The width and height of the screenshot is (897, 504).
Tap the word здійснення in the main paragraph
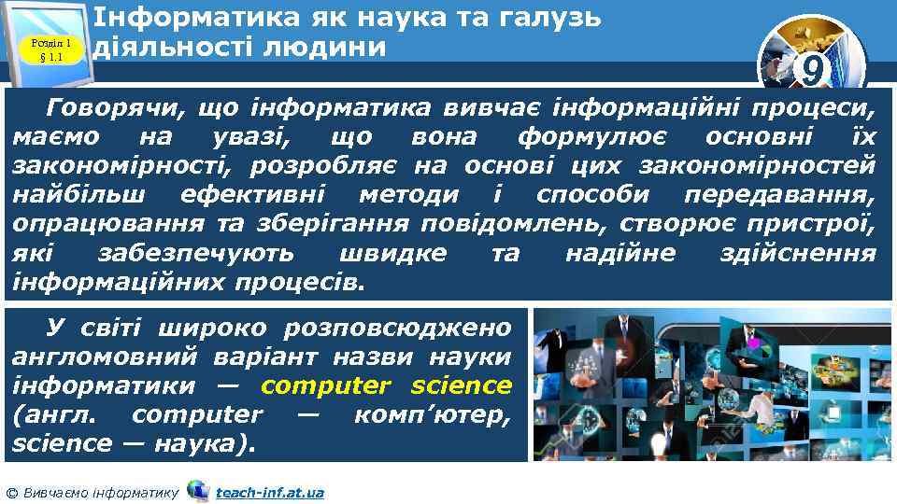pos(799,253)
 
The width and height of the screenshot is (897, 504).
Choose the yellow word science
pos(462,385)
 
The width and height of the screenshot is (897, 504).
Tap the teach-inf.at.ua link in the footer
pos(269,492)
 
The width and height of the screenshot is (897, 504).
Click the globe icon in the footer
pos(197,491)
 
